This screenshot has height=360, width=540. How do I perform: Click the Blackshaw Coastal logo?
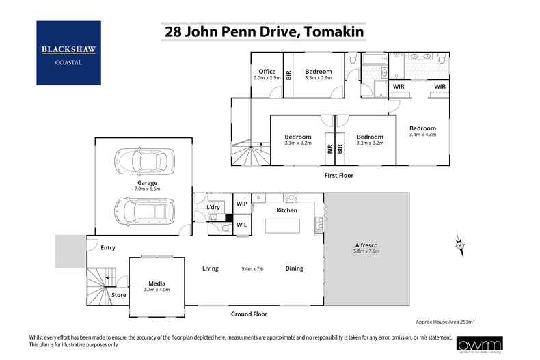click(x=68, y=53)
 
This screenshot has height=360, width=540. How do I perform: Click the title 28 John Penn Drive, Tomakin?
click(x=263, y=31)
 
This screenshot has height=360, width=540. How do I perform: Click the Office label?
click(x=267, y=72)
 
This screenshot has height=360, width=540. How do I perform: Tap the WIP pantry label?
click(x=242, y=204)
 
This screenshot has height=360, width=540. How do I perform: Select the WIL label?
click(x=242, y=225)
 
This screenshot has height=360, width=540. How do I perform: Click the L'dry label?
click(x=213, y=207)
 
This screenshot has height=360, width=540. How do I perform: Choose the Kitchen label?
click(x=286, y=210)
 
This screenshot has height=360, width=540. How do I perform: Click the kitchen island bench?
click(x=286, y=226)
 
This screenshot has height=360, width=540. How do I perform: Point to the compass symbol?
click(x=460, y=245)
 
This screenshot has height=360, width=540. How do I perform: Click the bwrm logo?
click(x=479, y=344)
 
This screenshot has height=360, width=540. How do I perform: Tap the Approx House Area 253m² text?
click(x=445, y=320)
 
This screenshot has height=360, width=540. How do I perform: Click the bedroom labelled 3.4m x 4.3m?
click(x=422, y=132)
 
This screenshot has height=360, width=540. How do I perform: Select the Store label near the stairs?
click(x=119, y=295)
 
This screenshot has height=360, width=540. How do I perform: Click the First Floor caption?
click(x=339, y=176)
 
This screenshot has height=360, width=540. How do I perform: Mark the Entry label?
click(x=107, y=248)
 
